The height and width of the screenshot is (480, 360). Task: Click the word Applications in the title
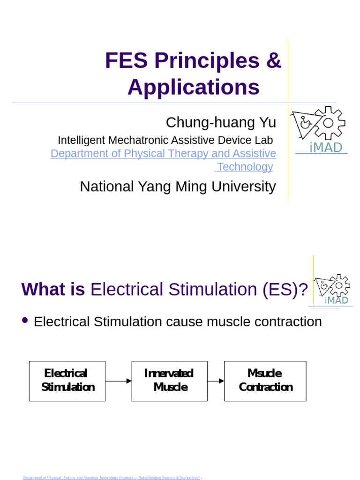[x=193, y=87]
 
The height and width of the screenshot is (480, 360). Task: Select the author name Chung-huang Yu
[x=221, y=122]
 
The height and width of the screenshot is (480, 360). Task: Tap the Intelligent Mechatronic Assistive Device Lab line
[x=165, y=140]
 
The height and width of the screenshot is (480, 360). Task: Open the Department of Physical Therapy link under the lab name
[x=163, y=153]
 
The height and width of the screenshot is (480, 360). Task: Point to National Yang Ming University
[x=178, y=187]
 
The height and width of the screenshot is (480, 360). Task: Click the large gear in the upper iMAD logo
[x=328, y=123]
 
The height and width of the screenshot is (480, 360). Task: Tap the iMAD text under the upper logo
[x=326, y=148]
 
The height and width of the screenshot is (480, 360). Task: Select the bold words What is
[x=53, y=290]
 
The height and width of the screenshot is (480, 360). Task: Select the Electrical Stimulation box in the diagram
[x=67, y=381]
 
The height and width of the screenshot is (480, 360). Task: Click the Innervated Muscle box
[x=169, y=381]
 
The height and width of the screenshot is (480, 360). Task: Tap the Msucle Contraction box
[x=265, y=381]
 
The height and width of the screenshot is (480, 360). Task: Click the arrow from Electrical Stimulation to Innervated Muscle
[x=118, y=381]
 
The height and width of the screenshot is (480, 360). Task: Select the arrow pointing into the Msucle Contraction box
[x=216, y=381]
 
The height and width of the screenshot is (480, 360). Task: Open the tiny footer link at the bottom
[x=111, y=477]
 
